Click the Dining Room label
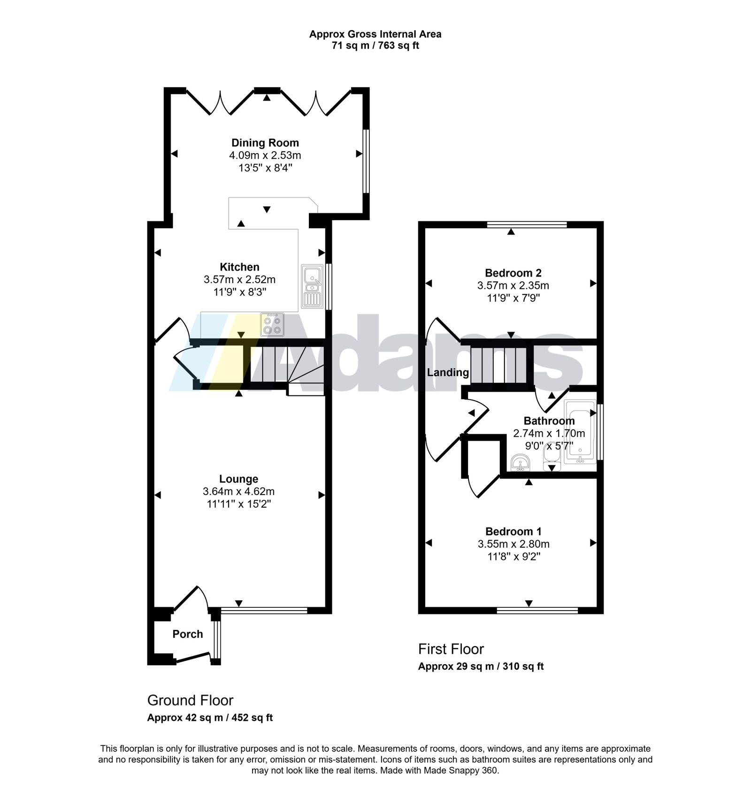pyautogui.click(x=265, y=143)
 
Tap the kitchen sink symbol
pyautogui.click(x=312, y=286)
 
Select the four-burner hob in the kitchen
pyautogui.click(x=273, y=325)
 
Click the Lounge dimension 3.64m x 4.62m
pyautogui.click(x=238, y=491)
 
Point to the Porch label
pyautogui.click(x=188, y=634)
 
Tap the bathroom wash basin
pyautogui.click(x=520, y=463)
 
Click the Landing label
pyautogui.click(x=448, y=372)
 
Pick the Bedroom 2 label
pyautogui.click(x=513, y=273)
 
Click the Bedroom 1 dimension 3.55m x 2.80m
pyautogui.click(x=513, y=544)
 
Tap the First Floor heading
pyautogui.click(x=451, y=649)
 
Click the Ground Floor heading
pyautogui.click(x=190, y=700)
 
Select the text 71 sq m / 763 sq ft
pyautogui.click(x=375, y=46)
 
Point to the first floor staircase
pyautogui.click(x=501, y=365)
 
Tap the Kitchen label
pyautogui.click(x=239, y=267)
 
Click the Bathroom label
pyautogui.click(x=549, y=421)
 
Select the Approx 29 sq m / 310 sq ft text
pyautogui.click(x=481, y=666)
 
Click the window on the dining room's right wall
pyautogui.click(x=366, y=161)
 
